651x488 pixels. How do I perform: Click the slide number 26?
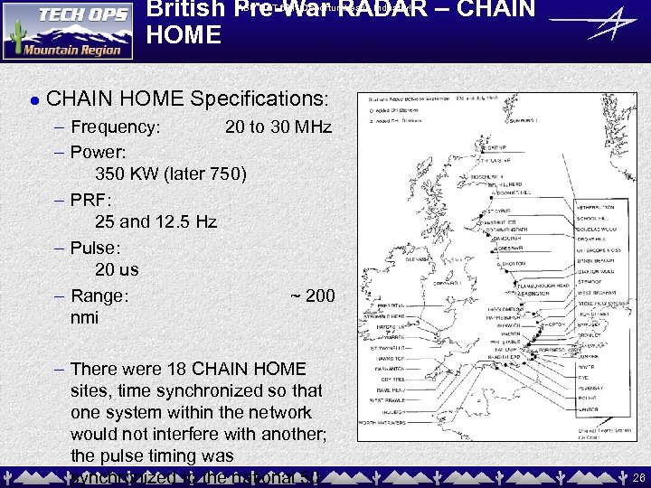click(639, 476)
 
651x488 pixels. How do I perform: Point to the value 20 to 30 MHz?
click(278, 127)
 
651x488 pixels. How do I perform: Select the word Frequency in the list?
click(116, 127)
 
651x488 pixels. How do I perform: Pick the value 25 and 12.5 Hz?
click(156, 221)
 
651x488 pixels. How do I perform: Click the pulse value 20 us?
click(117, 269)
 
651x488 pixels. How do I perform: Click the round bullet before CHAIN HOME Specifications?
click(33, 99)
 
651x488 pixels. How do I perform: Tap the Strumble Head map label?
click(386, 317)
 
